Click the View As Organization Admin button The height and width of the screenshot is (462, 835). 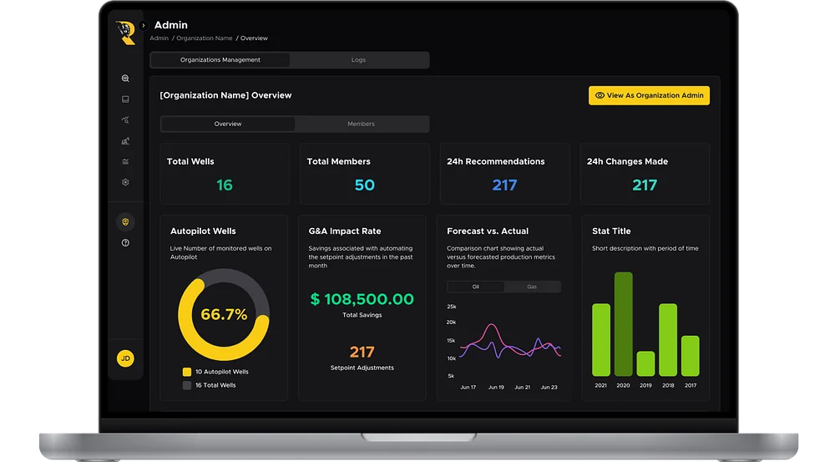coord(649,95)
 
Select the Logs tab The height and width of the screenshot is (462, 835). coord(358,59)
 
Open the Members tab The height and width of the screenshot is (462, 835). coord(361,124)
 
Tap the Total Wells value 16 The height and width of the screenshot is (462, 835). coord(224,185)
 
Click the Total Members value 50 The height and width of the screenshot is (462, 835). coord(365,185)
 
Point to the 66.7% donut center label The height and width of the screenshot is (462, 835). coord(224,314)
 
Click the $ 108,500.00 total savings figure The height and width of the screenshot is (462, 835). coord(362,299)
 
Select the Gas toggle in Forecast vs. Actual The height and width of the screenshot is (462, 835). coord(532,287)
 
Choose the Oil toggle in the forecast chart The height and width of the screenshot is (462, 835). coord(476,287)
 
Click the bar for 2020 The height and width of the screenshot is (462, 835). coord(623,324)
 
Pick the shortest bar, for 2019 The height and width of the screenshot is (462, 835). coord(645,363)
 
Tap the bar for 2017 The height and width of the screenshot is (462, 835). coord(691,356)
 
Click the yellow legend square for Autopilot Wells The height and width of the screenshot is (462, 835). coord(187,372)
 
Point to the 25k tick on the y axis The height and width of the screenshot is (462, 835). coord(452,307)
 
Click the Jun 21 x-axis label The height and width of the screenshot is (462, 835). coord(523,388)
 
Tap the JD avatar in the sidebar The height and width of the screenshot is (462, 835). coord(125,358)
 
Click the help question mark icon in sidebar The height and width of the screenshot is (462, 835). coord(125,243)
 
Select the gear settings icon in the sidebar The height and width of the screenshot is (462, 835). coord(125,182)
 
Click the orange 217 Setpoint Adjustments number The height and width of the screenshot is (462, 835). coord(362,352)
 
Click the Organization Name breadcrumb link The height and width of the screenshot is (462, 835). coord(205,38)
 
